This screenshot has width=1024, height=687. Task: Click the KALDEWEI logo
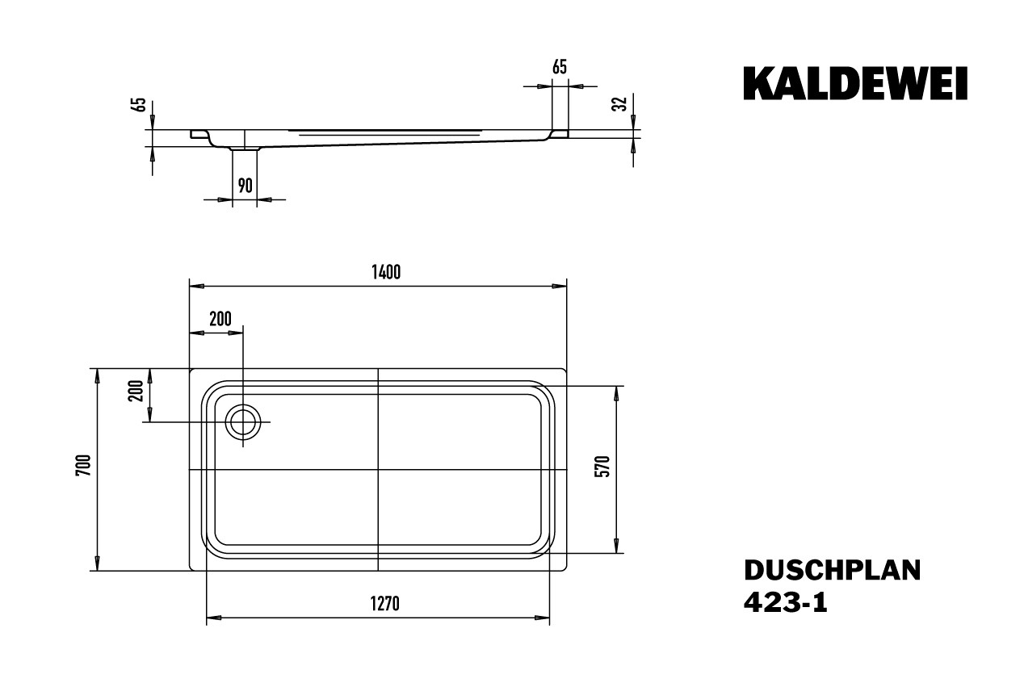tap(855, 83)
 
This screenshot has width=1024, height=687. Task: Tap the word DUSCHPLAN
tap(833, 571)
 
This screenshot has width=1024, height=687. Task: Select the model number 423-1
tap(786, 602)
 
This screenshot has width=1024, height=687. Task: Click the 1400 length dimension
tap(386, 272)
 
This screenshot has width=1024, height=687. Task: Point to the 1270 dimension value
tap(385, 604)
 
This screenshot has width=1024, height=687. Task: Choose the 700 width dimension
tap(84, 465)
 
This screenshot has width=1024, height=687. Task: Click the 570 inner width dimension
tap(602, 467)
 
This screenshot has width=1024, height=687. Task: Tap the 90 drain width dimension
tap(245, 186)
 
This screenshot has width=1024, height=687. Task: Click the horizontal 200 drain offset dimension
tap(220, 319)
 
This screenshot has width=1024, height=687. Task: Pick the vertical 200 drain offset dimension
tap(136, 391)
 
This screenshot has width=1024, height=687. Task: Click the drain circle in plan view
tap(243, 422)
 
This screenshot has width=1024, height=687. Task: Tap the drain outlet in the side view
tap(245, 149)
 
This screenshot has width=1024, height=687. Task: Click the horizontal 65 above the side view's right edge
tap(560, 67)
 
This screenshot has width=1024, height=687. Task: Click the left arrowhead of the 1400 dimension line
tap(197, 286)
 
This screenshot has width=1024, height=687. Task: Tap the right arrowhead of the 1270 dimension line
tap(542, 618)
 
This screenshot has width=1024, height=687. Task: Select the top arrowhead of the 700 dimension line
tap(97, 375)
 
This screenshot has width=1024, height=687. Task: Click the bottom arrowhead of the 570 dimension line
tap(616, 546)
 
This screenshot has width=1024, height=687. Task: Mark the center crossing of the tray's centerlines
tap(379, 469)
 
